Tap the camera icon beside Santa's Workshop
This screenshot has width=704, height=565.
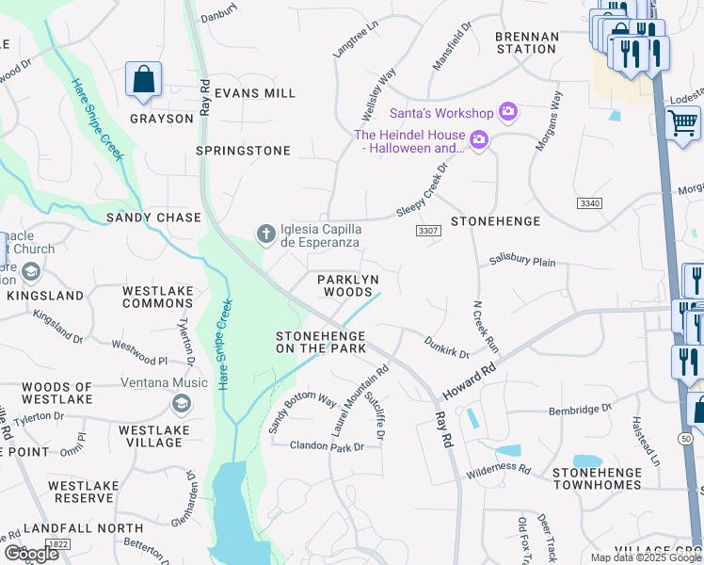[508, 113]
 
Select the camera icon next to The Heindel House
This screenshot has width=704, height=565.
[479, 141]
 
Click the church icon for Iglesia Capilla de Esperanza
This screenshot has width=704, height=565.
[266, 233]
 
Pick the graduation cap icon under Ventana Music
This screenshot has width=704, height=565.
[180, 404]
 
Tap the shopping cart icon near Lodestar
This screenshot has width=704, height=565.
[682, 122]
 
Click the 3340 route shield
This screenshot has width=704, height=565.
[589, 203]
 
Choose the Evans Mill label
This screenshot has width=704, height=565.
[254, 93]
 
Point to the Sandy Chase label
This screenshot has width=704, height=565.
[153, 218]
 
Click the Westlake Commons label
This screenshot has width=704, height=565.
[157, 298]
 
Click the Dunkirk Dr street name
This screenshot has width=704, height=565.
[445, 347]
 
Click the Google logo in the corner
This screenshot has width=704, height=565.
[31, 553]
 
